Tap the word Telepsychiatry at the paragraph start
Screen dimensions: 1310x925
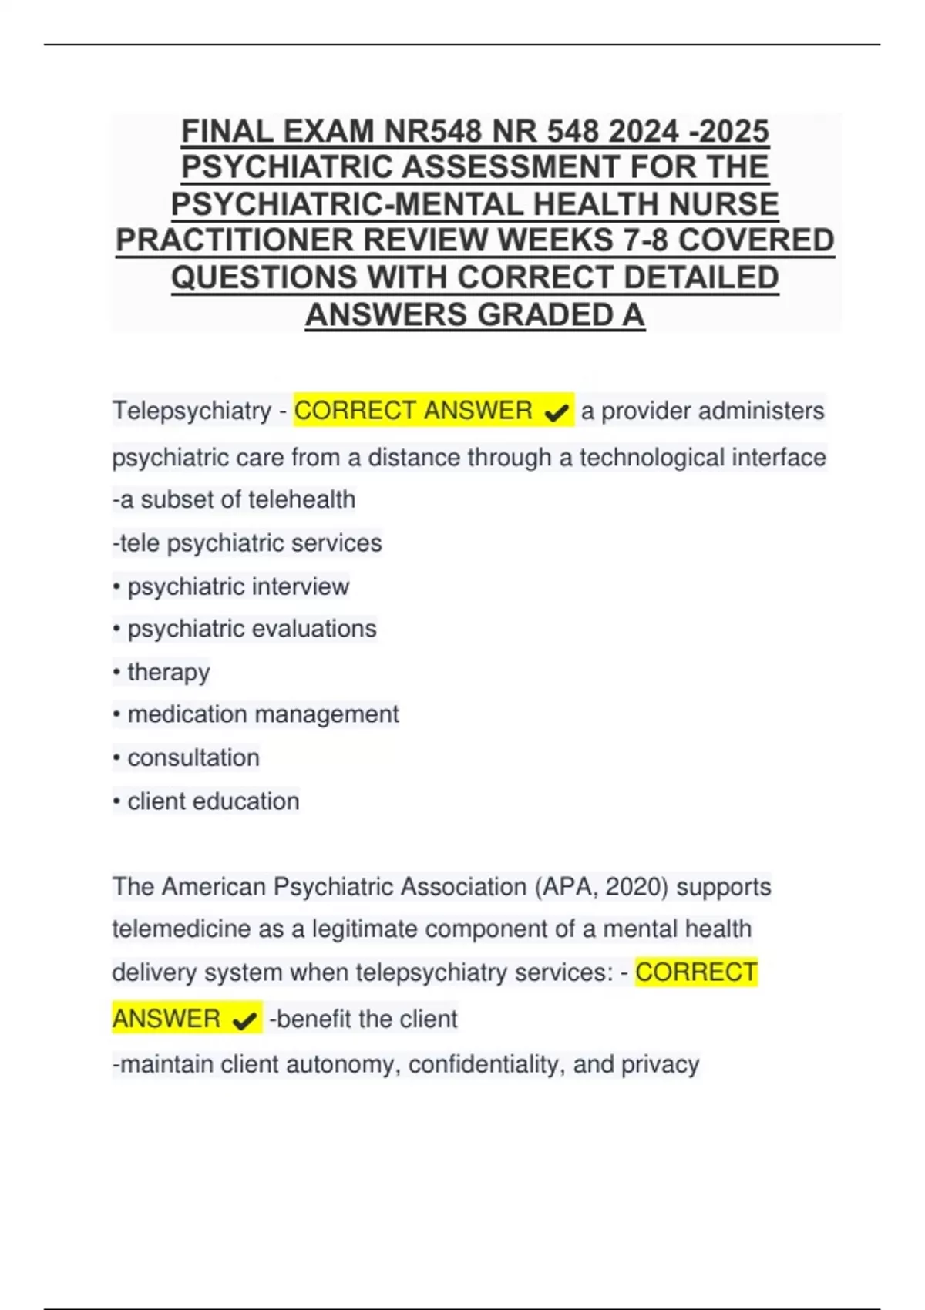pos(192,411)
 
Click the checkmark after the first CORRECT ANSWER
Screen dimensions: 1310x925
pos(556,413)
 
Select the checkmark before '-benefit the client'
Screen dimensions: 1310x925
pos(244,1021)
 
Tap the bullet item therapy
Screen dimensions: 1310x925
pos(168,672)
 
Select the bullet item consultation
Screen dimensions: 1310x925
pos(193,757)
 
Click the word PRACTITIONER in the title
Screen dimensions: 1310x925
pos(234,240)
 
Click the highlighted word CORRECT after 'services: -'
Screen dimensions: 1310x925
pos(696,972)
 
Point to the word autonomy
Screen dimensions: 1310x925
pos(340,1064)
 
